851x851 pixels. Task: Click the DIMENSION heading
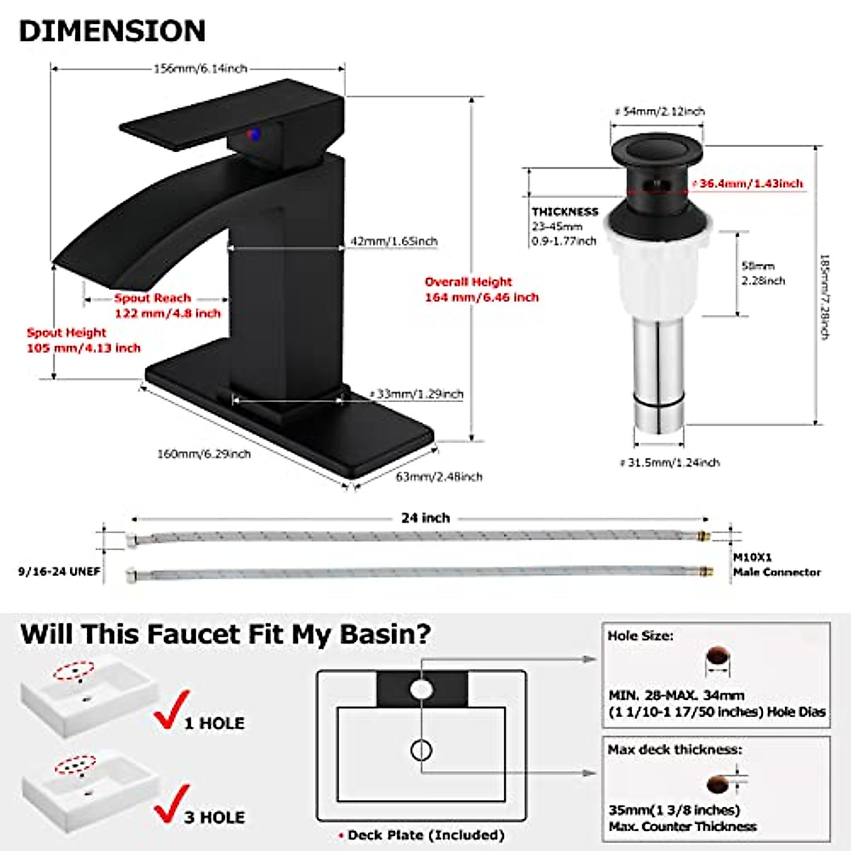[112, 31]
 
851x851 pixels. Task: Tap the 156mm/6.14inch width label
[200, 69]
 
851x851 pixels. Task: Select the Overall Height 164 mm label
[482, 289]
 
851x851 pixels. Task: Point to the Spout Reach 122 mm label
[167, 306]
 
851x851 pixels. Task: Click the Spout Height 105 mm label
[83, 340]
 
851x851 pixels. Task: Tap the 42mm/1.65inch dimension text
[394, 241]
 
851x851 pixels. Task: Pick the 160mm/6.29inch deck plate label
[204, 454]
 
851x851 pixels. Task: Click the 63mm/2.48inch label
[438, 477]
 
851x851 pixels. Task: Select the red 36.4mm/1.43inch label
[750, 184]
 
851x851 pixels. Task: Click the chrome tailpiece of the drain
[657, 376]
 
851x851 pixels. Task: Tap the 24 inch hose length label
[425, 518]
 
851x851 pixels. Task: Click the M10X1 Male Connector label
[777, 565]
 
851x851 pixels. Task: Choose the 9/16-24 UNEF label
[60, 571]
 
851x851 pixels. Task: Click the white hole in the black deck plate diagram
[421, 689]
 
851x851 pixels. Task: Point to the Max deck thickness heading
[674, 750]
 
